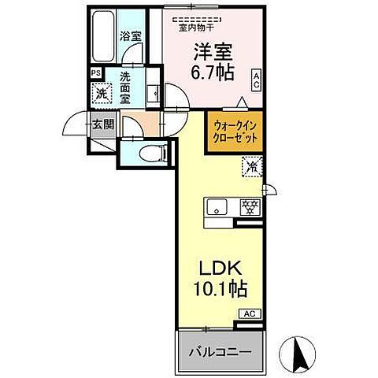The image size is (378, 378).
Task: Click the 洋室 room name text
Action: pyautogui.click(x=213, y=49)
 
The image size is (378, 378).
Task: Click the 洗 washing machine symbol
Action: pyautogui.click(x=101, y=94)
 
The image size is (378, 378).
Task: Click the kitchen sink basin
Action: pyautogui.click(x=217, y=207)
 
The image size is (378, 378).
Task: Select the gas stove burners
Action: pyautogui.click(x=249, y=207)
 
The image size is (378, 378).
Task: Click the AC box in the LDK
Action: pyautogui.click(x=249, y=313)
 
